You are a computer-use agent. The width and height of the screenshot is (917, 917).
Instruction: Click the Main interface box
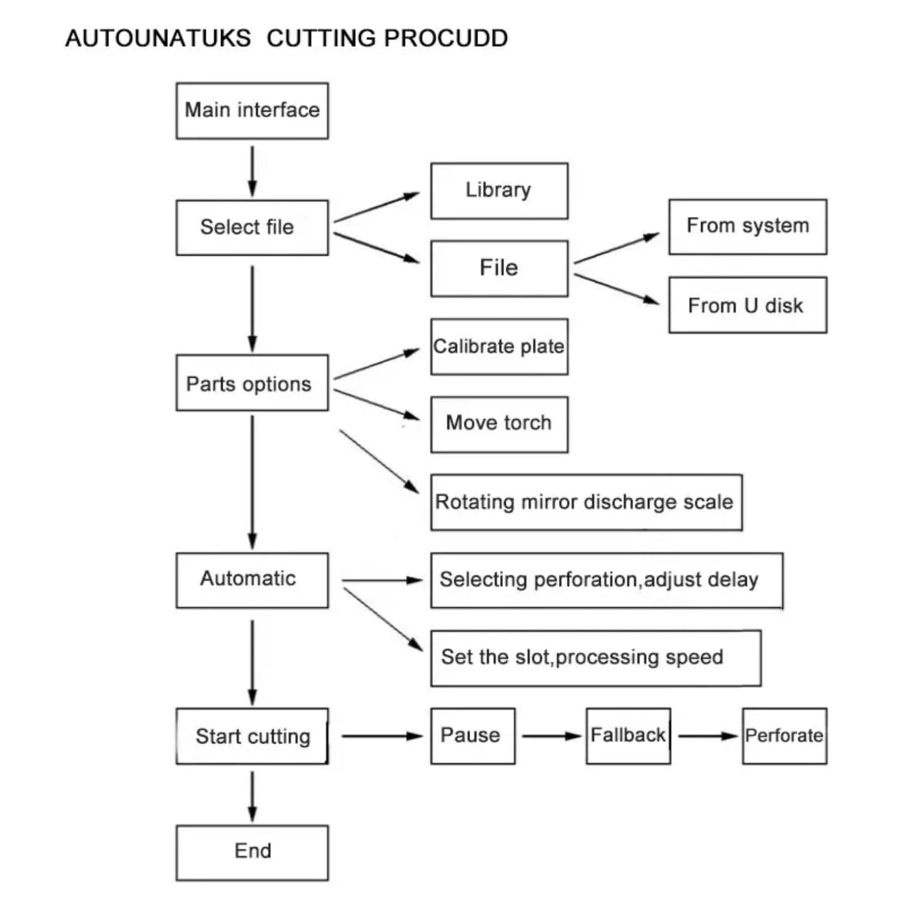pyautogui.click(x=252, y=111)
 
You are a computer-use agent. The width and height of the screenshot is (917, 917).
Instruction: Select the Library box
pyautogui.click(x=499, y=191)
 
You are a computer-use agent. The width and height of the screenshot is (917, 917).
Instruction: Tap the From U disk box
pyautogui.click(x=748, y=305)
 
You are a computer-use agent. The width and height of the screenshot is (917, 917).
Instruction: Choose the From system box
pyautogui.click(x=748, y=227)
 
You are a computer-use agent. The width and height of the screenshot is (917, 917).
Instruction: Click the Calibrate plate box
pyautogui.click(x=499, y=347)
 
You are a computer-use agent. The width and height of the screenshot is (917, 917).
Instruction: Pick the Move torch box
pyautogui.click(x=499, y=425)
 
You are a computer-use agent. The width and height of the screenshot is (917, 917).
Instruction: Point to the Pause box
pyautogui.click(x=473, y=736)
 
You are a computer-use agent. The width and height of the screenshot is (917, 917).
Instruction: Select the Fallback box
pyautogui.click(x=628, y=736)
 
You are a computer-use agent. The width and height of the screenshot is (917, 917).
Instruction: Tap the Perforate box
pyautogui.click(x=784, y=736)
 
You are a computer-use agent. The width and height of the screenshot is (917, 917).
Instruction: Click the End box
pyautogui.click(x=252, y=853)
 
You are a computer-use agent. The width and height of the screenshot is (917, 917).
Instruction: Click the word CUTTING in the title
pyautogui.click(x=321, y=38)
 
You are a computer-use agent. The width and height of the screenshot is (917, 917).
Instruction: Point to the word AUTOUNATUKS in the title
pyautogui.click(x=158, y=38)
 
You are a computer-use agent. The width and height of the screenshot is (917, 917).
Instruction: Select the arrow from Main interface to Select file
pyautogui.click(x=252, y=171)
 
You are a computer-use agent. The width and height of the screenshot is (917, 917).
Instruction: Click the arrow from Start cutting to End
pyautogui.click(x=252, y=797)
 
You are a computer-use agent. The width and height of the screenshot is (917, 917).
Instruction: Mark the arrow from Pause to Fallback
pyautogui.click(x=551, y=736)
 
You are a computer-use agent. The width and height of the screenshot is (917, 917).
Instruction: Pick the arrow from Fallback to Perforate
pyautogui.click(x=708, y=736)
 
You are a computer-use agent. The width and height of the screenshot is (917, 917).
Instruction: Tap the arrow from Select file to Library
pyautogui.click(x=376, y=207)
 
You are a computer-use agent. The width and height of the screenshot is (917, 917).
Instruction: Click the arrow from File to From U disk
pyautogui.click(x=617, y=289)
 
